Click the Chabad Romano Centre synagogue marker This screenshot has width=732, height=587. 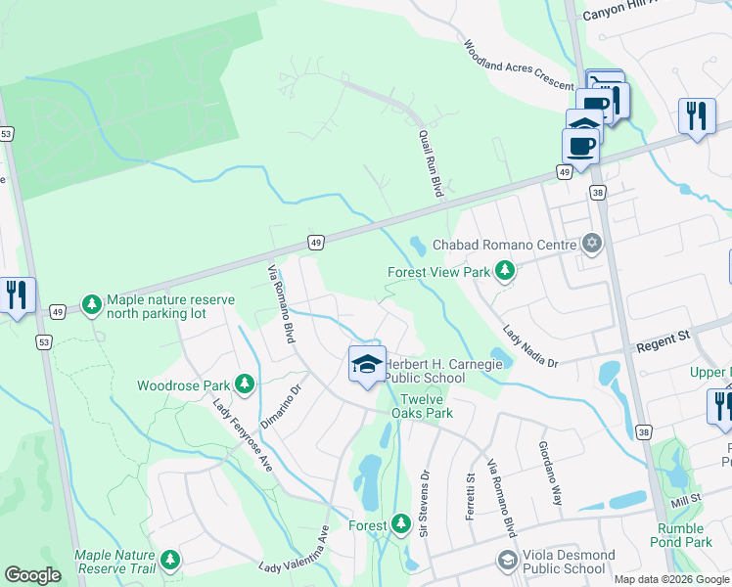[x=591, y=243]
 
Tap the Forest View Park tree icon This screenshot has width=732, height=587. [x=505, y=270]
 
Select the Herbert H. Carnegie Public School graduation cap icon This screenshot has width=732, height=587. [x=367, y=366]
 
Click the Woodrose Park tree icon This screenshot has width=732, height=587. [x=245, y=384]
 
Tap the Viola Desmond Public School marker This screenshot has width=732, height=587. [x=507, y=560]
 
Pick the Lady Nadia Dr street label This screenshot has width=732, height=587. [x=530, y=344]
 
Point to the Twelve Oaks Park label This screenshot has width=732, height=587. [x=423, y=405]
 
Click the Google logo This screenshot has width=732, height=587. [x=32, y=575]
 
